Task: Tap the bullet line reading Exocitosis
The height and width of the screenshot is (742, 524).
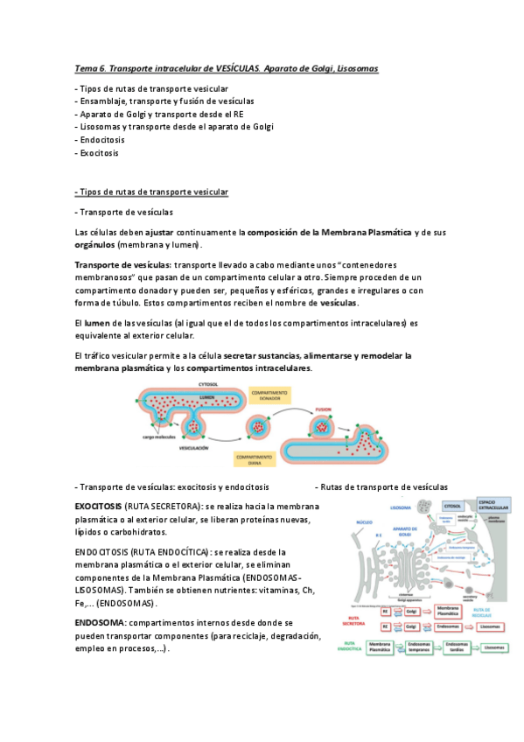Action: pyautogui.click(x=98, y=152)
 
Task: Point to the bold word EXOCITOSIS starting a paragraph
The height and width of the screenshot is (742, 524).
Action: pyautogui.click(x=99, y=507)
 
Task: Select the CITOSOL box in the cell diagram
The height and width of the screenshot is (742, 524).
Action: pyautogui.click(x=452, y=506)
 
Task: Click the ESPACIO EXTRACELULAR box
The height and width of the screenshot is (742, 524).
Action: pyautogui.click(x=490, y=505)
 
